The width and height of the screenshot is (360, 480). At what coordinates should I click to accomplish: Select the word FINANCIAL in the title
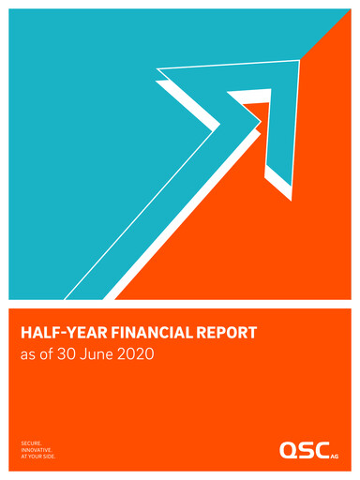[148, 332]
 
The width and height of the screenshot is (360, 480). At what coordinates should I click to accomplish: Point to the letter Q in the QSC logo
[288, 450]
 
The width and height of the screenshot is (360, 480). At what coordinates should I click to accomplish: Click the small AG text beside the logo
[336, 456]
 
